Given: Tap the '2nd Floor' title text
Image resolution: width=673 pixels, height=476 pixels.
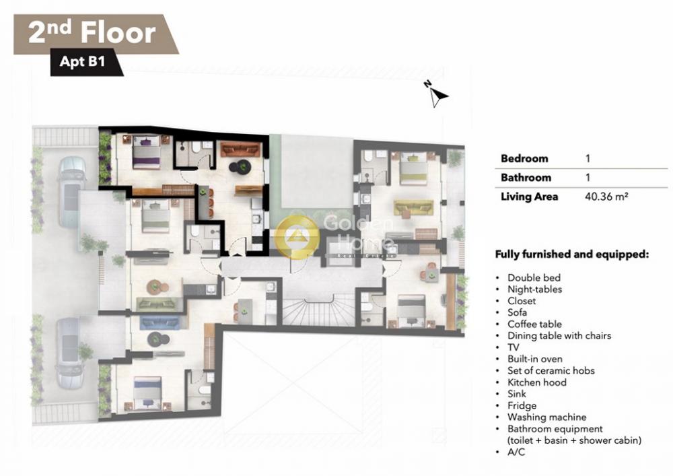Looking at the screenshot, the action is [92, 32].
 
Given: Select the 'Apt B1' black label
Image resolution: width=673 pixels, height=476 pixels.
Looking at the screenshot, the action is [82, 61].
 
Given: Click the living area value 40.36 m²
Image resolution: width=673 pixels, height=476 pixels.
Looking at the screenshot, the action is [606, 197].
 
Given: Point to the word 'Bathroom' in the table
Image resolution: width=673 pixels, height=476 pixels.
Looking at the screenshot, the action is [526, 177].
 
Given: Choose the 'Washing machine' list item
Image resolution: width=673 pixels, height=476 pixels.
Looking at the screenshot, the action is [546, 417].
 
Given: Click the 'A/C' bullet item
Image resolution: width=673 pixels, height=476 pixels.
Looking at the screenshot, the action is [516, 452].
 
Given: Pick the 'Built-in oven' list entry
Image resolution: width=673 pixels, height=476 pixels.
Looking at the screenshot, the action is [534, 359].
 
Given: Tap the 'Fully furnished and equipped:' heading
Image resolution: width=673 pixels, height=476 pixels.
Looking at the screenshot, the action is [571, 254].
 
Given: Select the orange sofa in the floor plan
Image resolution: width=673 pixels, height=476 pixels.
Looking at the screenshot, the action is [240, 149].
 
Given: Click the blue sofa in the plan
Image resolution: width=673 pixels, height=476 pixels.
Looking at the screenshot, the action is [160, 321].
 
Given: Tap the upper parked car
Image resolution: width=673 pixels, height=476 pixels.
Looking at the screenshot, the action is [72, 191].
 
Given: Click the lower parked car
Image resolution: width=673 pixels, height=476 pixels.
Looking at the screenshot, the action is [71, 353].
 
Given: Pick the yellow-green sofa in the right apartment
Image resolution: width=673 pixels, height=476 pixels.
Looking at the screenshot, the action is [414, 208].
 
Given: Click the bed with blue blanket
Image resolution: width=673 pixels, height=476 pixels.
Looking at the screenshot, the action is [147, 393].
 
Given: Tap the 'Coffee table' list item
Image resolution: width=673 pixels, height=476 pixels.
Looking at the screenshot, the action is [534, 324].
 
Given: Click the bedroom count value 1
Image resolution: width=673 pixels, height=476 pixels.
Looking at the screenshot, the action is [588, 158].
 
